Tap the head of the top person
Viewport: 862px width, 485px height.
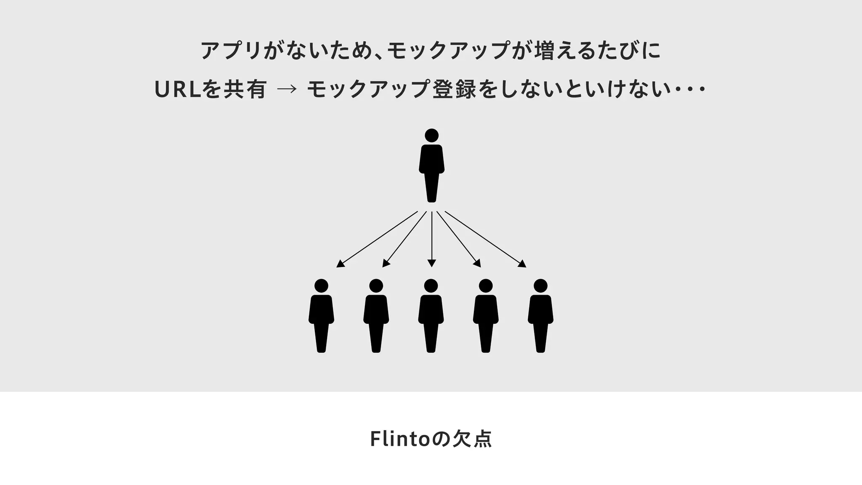(x=431, y=135)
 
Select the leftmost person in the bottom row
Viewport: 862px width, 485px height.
(x=321, y=316)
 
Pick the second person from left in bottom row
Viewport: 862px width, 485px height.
(x=376, y=316)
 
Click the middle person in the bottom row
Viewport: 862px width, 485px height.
(x=431, y=316)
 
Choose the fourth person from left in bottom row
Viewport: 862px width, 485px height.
(x=486, y=316)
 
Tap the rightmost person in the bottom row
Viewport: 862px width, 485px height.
(x=540, y=316)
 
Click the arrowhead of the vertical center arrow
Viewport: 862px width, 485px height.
(x=431, y=263)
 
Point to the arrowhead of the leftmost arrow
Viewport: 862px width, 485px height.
(x=341, y=264)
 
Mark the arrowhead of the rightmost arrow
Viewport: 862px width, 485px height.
(x=522, y=264)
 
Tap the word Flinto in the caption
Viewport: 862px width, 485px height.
(x=399, y=439)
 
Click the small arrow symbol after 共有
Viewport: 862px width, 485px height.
(x=287, y=89)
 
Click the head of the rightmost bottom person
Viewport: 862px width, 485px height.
(x=540, y=286)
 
